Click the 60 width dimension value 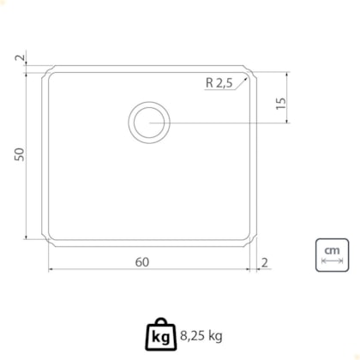(x=142, y=262)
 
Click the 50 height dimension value (x=20, y=154)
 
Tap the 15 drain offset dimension (x=281, y=103)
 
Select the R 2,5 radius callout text (x=219, y=83)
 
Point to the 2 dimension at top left (x=20, y=57)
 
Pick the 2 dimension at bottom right (x=265, y=262)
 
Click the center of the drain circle (x=149, y=123)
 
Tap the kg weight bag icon (x=161, y=334)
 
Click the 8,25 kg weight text (x=201, y=336)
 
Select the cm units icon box (x=332, y=255)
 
